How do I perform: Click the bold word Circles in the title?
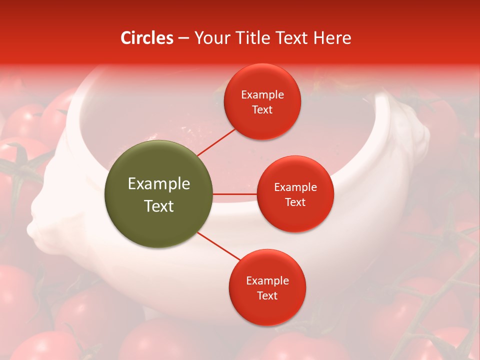point(146,38)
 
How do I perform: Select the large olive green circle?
point(158,194)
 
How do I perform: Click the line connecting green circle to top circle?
point(216,141)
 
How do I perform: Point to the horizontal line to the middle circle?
point(235,194)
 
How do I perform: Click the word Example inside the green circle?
point(158,184)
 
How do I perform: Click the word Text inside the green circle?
point(158,206)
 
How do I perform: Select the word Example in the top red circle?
point(262,94)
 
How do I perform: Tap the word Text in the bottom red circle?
point(267,295)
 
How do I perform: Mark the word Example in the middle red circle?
point(295,187)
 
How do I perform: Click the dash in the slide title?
point(183,38)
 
